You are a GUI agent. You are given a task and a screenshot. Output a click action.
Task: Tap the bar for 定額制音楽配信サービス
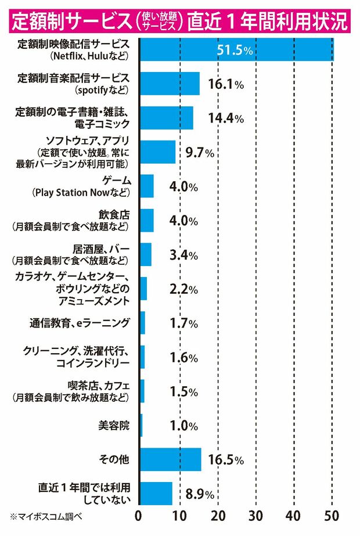170,84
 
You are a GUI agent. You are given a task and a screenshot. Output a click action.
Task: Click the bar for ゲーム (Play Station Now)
147,186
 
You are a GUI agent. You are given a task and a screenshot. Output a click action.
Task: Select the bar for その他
170,459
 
